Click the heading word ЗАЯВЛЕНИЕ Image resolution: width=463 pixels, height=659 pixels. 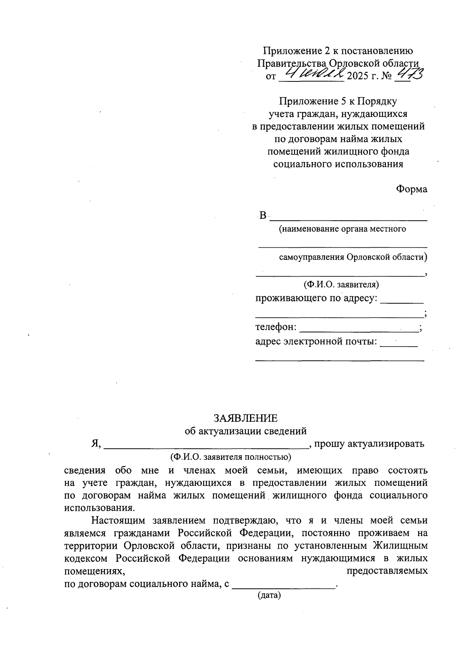(x=245, y=418)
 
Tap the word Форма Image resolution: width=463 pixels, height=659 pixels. (x=411, y=189)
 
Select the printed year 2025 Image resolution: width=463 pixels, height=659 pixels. (x=358, y=76)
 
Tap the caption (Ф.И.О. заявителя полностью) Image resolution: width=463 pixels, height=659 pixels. (x=231, y=457)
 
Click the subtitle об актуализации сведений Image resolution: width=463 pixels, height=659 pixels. (x=245, y=431)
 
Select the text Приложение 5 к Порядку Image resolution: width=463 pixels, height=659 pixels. (x=338, y=101)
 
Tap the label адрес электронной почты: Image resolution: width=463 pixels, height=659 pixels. (x=316, y=341)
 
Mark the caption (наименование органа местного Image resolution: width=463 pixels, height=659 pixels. (x=342, y=229)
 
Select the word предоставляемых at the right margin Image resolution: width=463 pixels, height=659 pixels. (x=387, y=571)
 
